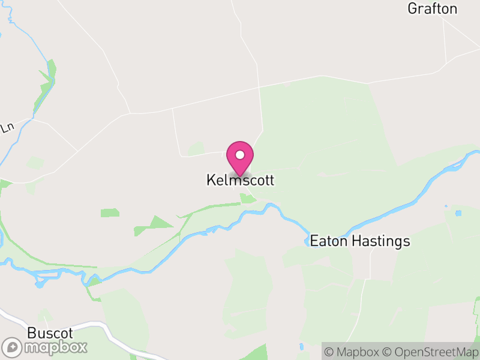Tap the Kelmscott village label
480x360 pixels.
coord(241,180)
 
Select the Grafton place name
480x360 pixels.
coord(432,8)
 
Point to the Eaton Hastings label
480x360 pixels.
coord(360,241)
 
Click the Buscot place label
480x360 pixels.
coord(50,333)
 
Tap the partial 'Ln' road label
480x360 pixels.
coord(7,128)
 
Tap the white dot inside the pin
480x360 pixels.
coord(240,155)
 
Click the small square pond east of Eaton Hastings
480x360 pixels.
coord(458,213)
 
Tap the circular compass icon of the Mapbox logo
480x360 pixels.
coord(12,347)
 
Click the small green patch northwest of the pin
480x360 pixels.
coord(196,148)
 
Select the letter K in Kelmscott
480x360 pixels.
coord(211,180)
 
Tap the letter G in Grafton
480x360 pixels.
coord(412,8)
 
